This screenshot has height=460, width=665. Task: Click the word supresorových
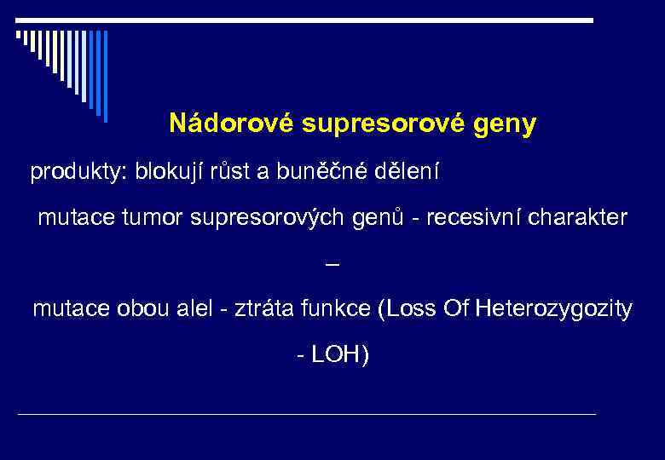pyautogui.click(x=266, y=219)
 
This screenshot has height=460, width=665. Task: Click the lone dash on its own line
pyautogui.click(x=332, y=265)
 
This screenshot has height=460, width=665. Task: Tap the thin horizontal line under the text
pyautogui.click(x=307, y=414)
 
